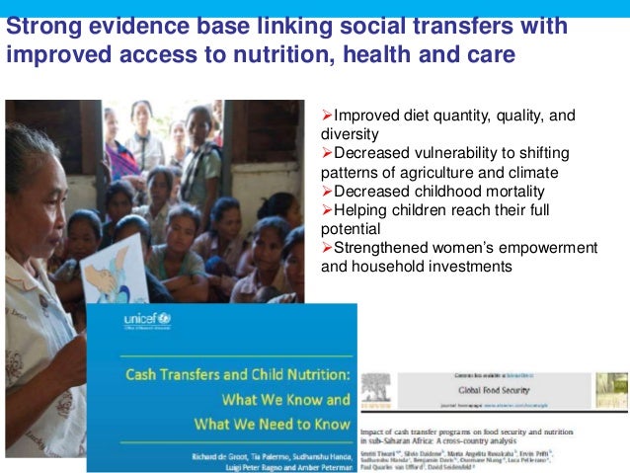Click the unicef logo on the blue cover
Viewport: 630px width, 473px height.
[x=147, y=320]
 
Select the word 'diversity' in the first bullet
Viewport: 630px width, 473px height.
[x=353, y=135]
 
